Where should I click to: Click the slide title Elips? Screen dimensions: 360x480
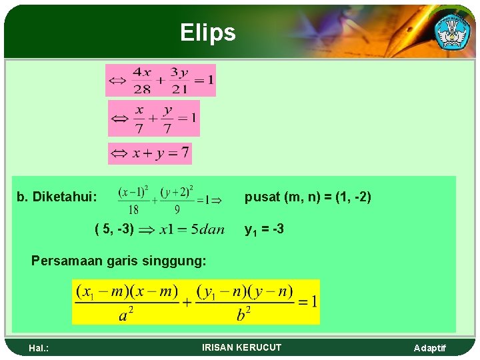pyautogui.click(x=207, y=32)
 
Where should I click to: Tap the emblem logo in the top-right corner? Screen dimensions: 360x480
pyautogui.click(x=451, y=31)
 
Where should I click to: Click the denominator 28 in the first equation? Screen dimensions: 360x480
pyautogui.click(x=141, y=89)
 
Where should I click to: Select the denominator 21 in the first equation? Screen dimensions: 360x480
pyautogui.click(x=178, y=89)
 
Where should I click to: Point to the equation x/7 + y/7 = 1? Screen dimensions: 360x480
pyautogui.click(x=154, y=118)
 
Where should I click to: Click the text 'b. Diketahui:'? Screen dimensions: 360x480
pyautogui.click(x=57, y=197)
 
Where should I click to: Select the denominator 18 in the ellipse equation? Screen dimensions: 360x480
pyautogui.click(x=133, y=209)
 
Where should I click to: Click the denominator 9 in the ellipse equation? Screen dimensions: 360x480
pyautogui.click(x=177, y=209)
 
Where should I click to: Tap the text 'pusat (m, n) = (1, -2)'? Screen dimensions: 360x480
pyautogui.click(x=307, y=197)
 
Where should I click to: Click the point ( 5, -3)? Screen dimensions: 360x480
pyautogui.click(x=115, y=229)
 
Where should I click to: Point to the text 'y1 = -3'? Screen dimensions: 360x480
pyautogui.click(x=264, y=229)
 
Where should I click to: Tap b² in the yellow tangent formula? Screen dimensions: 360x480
pyautogui.click(x=245, y=314)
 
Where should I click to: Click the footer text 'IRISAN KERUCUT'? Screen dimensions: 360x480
pyautogui.click(x=241, y=347)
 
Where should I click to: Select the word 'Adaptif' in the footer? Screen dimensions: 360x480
pyautogui.click(x=429, y=348)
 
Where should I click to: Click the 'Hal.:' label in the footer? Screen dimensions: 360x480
pyautogui.click(x=40, y=348)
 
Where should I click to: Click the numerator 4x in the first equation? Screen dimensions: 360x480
pyautogui.click(x=141, y=72)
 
